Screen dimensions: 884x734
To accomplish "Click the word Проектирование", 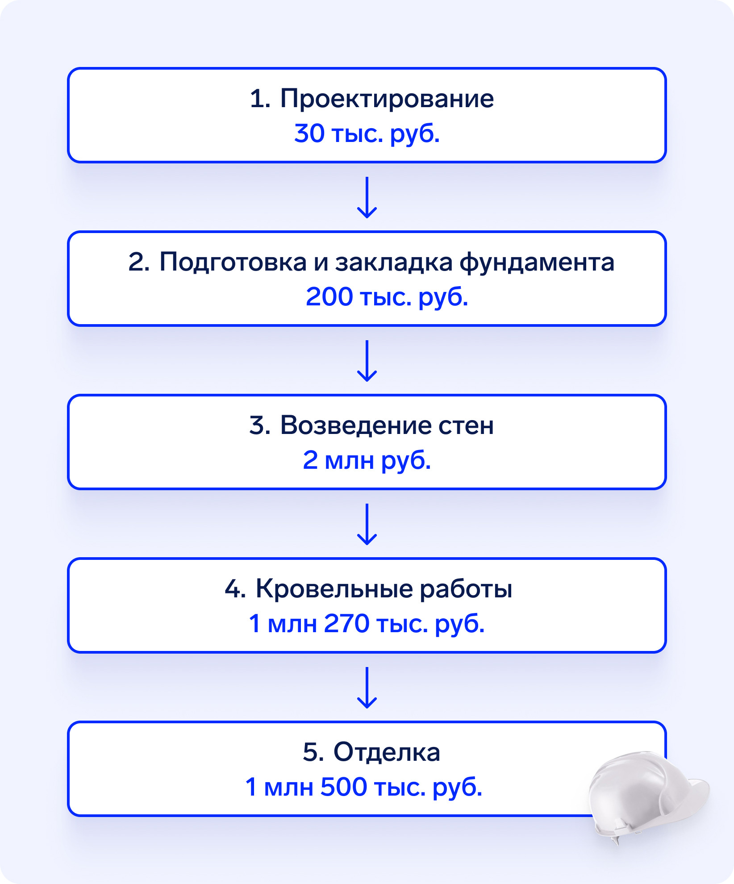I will click(387, 99).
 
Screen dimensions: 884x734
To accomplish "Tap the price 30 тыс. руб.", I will click(367, 133).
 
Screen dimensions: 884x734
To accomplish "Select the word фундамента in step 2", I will click(537, 262).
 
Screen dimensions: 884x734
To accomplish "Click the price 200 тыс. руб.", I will click(387, 296).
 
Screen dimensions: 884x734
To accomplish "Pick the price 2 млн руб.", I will click(367, 460).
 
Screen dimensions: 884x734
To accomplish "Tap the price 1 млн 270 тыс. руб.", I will click(367, 623).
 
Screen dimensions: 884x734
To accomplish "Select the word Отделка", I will click(387, 752).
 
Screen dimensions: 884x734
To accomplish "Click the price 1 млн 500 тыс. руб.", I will click(364, 787).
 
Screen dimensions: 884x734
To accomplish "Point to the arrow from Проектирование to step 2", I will click(367, 197).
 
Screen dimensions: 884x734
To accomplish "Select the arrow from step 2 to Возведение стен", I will click(367, 361).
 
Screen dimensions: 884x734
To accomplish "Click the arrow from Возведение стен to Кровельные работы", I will click(367, 524).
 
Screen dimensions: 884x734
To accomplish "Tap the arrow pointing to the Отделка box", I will click(367, 688).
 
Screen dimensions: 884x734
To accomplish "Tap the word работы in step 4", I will click(466, 589).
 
